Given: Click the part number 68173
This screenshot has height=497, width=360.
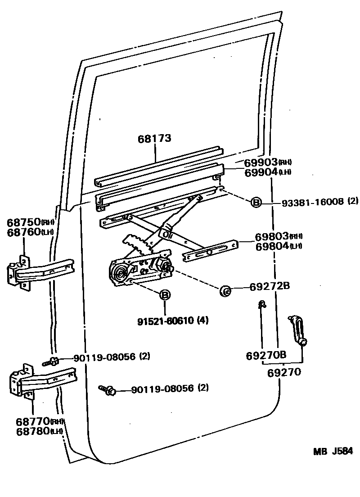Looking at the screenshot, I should (154, 138).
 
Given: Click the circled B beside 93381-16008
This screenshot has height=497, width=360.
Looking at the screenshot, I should (256, 203).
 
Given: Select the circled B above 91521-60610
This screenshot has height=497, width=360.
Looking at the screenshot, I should (165, 295).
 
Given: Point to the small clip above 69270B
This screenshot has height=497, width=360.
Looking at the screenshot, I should (261, 305).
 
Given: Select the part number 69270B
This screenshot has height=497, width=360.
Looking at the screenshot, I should (266, 355).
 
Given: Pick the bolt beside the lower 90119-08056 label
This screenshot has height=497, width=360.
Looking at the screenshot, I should (108, 389).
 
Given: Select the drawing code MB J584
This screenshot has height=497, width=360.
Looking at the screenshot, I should (333, 452).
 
